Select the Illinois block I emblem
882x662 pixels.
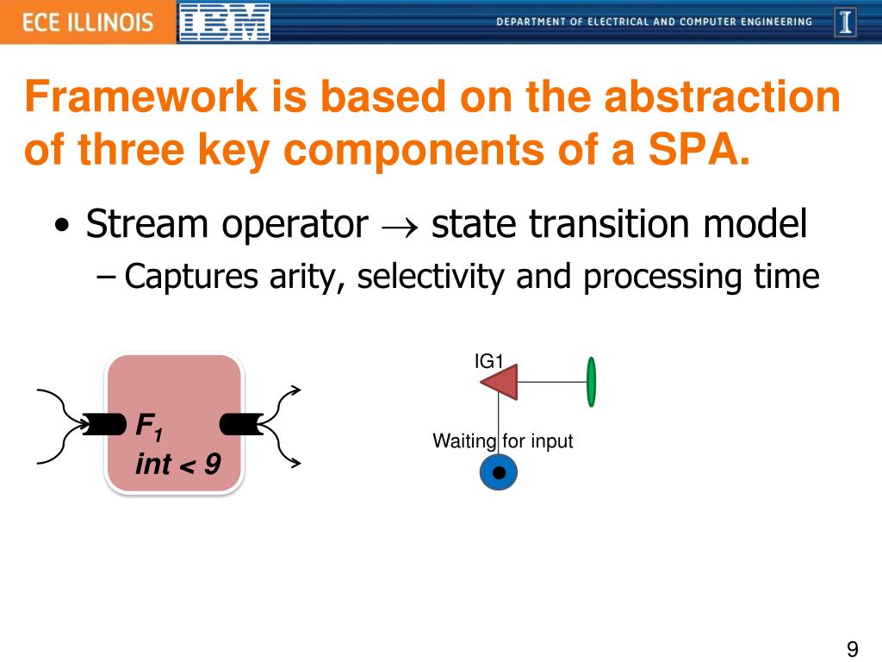pyautogui.click(x=846, y=22)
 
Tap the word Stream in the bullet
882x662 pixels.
pyautogui.click(x=147, y=225)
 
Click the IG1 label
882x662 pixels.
pyautogui.click(x=488, y=361)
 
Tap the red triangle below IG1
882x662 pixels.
pyautogui.click(x=501, y=382)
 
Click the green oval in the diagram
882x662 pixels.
pyautogui.click(x=591, y=382)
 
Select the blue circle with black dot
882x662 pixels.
pyautogui.click(x=498, y=472)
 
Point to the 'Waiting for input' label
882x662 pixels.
pyautogui.click(x=502, y=441)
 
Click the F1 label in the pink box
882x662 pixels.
pyautogui.click(x=150, y=425)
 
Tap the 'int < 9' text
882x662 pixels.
pyautogui.click(x=177, y=465)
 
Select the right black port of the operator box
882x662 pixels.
pyautogui.click(x=240, y=424)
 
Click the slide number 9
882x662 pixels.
pyautogui.click(x=853, y=649)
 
